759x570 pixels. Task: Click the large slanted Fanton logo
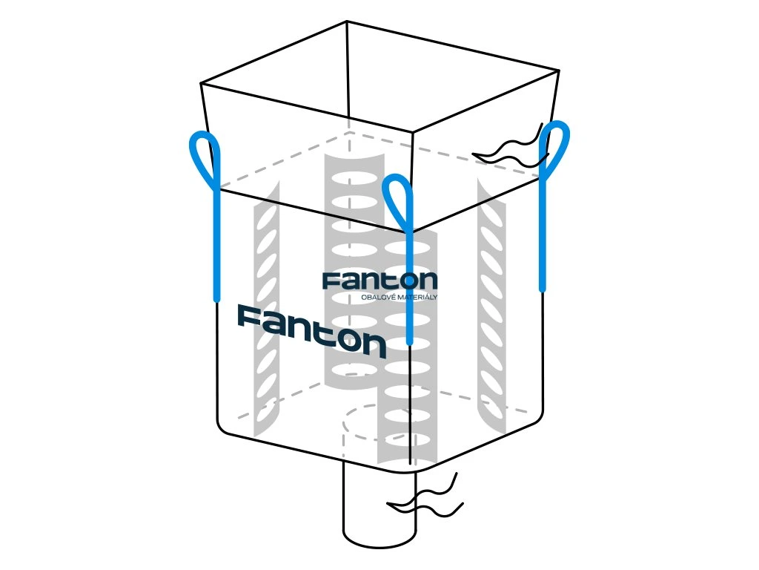(x=311, y=331)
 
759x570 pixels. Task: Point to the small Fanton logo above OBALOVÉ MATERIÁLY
(x=379, y=281)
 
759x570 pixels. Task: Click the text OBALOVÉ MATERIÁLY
(x=398, y=298)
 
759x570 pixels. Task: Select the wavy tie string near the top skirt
(x=511, y=151)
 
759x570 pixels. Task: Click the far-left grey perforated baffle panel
(x=266, y=312)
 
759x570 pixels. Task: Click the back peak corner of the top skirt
(x=346, y=22)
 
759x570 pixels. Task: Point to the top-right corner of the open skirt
(x=558, y=70)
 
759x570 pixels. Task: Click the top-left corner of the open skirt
(x=202, y=83)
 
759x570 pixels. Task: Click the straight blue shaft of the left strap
(x=217, y=245)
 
